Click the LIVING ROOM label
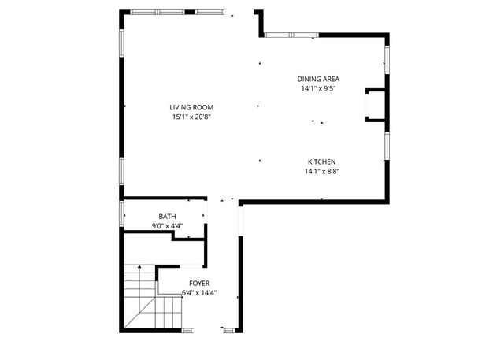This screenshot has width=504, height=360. pos(191,107)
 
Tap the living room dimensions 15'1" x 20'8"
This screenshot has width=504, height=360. pos(191,117)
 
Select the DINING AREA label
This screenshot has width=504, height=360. pos(318,79)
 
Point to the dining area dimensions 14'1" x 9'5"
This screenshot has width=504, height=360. pos(318,88)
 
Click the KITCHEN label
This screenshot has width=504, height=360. pos(322,161)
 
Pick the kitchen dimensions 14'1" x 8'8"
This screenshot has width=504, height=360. pos(321,170)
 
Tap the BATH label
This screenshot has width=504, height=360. pos(167,216)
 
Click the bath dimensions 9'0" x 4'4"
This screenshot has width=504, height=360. pos(167,225)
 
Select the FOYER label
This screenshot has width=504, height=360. pos(199,283)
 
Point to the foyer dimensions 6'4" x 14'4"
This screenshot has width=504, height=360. pos(198,292)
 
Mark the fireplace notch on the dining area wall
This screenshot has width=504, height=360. pos(375,106)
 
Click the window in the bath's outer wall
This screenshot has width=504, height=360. pos(121,213)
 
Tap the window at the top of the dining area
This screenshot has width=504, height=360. pos(291,35)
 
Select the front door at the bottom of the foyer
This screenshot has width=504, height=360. pos(229,329)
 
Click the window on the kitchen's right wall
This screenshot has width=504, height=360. pos(387,147)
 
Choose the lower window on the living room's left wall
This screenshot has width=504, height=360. pos(121,169)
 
